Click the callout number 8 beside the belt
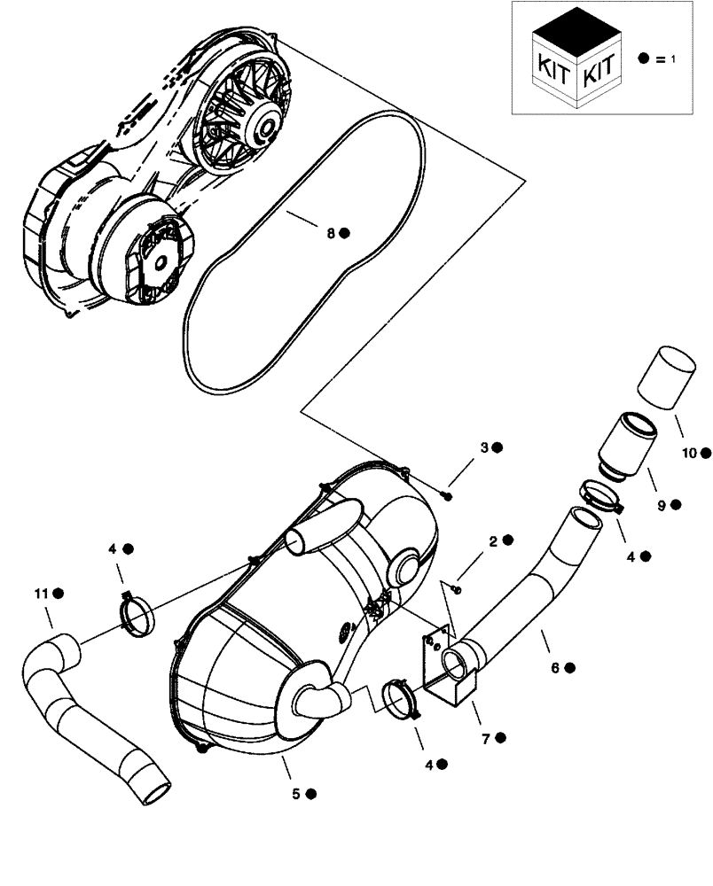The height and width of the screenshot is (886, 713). [330, 233]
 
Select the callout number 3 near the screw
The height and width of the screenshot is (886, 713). [484, 447]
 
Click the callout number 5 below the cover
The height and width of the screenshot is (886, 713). [295, 794]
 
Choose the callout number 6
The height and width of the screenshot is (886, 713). [555, 668]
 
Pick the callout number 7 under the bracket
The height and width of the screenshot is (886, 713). [486, 737]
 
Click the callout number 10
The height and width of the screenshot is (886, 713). [688, 453]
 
